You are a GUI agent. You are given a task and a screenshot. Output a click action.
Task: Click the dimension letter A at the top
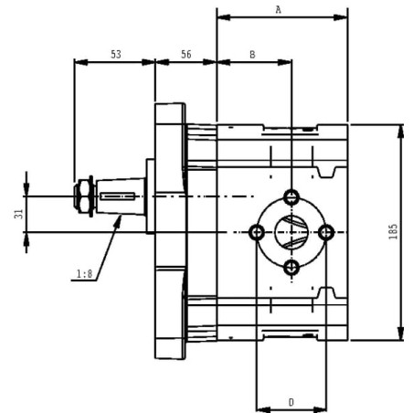click(278, 10)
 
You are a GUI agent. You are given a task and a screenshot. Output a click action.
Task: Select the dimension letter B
click(252, 55)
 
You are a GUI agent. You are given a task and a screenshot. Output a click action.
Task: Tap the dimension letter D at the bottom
click(291, 402)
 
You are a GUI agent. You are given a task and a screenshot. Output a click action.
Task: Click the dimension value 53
click(116, 55)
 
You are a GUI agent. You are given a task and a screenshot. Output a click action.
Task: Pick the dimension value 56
click(186, 55)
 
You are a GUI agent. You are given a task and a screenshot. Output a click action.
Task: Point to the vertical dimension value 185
click(393, 231)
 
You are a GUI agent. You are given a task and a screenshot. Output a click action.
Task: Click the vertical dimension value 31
click(18, 214)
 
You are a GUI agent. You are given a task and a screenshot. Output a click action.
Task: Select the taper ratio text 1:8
click(84, 274)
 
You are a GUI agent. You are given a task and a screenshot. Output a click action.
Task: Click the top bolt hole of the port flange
click(291, 197)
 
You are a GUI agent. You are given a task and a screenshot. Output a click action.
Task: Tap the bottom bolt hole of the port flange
click(291, 268)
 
